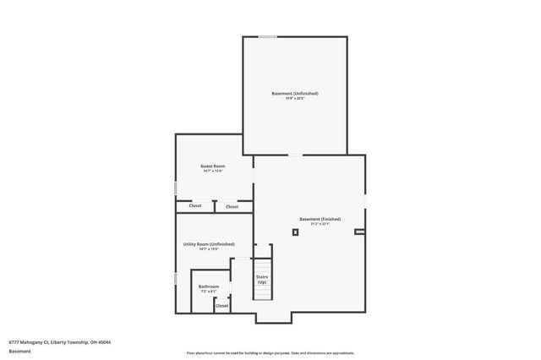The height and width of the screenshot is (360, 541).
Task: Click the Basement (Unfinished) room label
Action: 295,93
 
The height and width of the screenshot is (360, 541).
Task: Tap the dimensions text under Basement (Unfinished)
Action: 295,99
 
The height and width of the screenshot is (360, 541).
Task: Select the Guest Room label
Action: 212,166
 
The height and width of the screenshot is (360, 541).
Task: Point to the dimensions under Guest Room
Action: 212,172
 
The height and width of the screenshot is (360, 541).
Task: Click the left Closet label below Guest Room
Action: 194,206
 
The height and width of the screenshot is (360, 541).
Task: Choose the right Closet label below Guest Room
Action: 232,206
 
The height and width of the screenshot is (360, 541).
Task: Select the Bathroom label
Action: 209,286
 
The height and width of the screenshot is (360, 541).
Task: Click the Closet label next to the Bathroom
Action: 221,306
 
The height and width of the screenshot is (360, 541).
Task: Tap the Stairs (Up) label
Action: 262,279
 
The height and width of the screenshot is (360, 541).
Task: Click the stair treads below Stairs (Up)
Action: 263,292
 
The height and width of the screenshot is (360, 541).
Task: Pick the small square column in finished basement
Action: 295,232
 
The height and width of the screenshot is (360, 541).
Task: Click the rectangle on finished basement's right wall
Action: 359,231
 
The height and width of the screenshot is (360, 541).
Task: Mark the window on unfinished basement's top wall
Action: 267,36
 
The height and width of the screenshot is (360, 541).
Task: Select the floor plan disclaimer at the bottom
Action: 270,352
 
